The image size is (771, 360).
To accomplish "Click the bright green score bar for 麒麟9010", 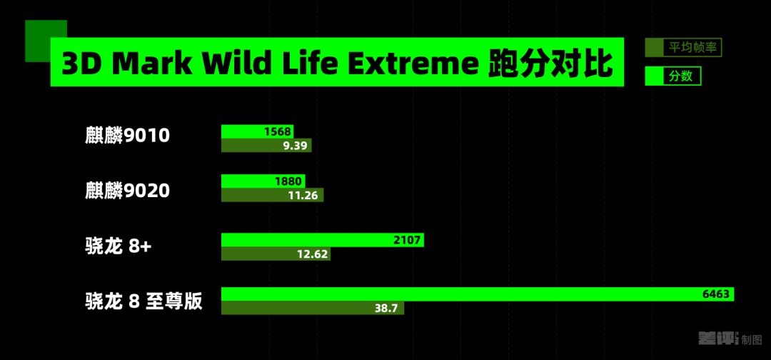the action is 257,132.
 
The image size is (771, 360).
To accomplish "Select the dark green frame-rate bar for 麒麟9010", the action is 266,146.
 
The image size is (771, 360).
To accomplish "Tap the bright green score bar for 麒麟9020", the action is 263,181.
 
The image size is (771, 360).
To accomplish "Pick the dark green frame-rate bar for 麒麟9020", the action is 273,195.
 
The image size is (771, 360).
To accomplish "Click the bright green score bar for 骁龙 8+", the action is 323,240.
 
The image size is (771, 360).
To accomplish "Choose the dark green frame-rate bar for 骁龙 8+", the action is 276,254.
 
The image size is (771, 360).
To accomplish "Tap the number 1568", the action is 277,132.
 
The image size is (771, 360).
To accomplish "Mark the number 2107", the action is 407,241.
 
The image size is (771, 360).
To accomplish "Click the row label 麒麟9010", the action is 127,136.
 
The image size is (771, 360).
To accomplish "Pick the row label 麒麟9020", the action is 127,190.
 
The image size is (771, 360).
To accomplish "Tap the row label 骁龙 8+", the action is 119,246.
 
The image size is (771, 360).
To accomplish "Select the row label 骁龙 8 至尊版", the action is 143,301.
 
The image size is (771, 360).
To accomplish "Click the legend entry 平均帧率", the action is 683,48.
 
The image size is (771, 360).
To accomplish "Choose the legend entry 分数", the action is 672,76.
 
